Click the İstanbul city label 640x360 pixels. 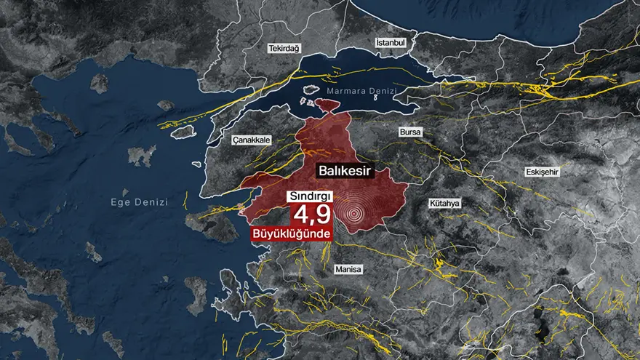390,43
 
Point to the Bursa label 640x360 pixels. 410,132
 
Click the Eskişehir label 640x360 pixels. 540,172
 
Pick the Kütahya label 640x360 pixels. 444,204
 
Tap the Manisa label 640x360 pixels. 348,269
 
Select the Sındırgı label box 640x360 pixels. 312,197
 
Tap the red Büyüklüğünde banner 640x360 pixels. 291,234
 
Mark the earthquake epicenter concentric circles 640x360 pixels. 355,214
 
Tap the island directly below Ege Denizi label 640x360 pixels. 93,252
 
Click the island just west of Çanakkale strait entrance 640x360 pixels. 183,132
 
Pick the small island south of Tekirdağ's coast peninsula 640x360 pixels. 166,105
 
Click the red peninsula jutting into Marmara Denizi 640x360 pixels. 327,106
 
